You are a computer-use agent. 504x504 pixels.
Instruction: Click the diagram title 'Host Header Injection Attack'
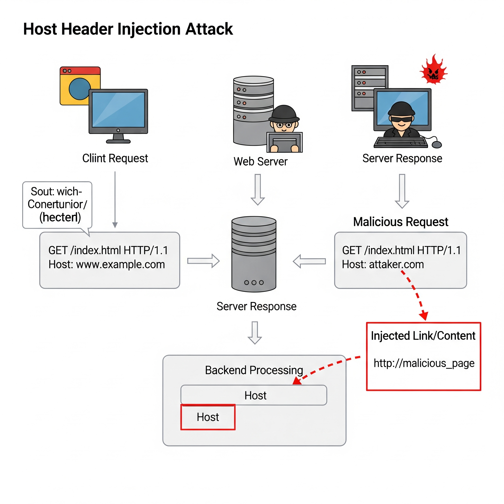[x=128, y=29]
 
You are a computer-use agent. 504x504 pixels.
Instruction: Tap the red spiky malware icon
[x=433, y=70]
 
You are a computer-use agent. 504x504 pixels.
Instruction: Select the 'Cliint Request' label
[x=115, y=158]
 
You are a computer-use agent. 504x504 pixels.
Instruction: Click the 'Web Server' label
[x=260, y=161]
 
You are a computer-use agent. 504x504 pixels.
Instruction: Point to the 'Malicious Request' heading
[x=400, y=222]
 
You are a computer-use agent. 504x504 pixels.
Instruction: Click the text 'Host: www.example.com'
[x=107, y=265]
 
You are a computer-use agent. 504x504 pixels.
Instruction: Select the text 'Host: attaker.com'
[x=383, y=265]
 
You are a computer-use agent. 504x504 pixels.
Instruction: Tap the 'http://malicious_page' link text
[x=424, y=363]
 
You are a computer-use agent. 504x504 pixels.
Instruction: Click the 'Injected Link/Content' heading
[x=423, y=336]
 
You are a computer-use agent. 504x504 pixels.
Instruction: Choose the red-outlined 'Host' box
[x=208, y=417]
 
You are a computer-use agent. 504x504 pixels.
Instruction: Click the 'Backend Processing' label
[x=254, y=370]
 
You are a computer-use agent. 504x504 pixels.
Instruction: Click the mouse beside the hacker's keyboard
[x=437, y=144]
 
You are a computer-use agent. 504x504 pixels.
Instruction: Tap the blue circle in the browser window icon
[x=79, y=89]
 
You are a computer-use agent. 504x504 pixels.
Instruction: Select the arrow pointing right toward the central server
[x=204, y=261]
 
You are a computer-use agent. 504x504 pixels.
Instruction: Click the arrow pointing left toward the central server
[x=309, y=261]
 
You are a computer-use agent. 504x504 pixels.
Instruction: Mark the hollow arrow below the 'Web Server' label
[x=258, y=190]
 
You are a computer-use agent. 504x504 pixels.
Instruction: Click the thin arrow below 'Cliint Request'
[x=115, y=200]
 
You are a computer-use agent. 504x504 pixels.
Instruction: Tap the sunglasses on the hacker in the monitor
[x=401, y=119]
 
